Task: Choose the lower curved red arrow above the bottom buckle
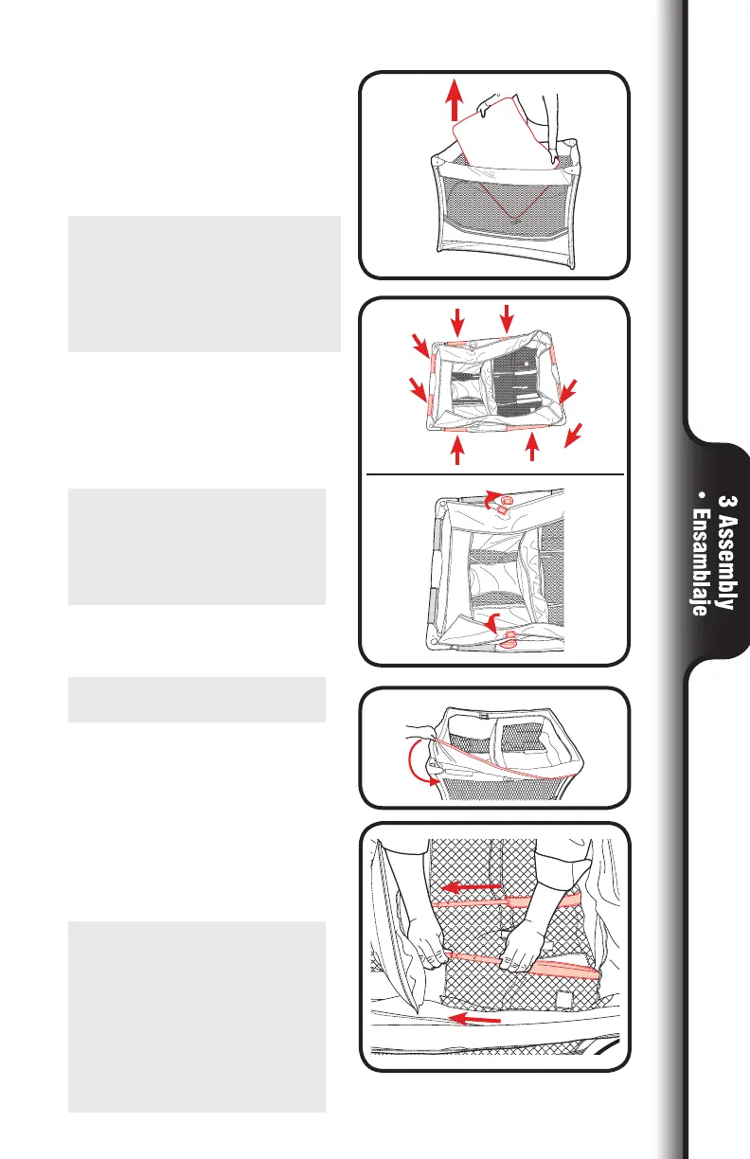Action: pos(492,622)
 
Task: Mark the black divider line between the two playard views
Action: pos(492,472)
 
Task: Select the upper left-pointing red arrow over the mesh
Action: pos(470,887)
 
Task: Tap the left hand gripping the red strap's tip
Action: pos(421,947)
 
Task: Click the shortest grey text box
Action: pos(196,699)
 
